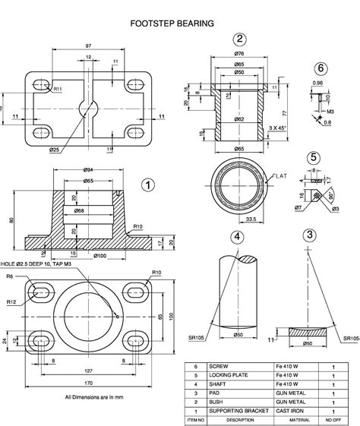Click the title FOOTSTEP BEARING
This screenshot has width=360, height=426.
pyautogui.click(x=172, y=24)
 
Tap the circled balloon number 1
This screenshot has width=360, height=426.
pyautogui.click(x=148, y=184)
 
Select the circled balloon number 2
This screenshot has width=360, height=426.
pyautogui.click(x=240, y=40)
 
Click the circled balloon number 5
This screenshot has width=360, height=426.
pyautogui.click(x=313, y=157)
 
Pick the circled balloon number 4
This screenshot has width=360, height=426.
pyautogui.click(x=237, y=236)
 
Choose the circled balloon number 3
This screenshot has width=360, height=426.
pyautogui.click(x=308, y=235)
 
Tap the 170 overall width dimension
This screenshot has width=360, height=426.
pyautogui.click(x=89, y=384)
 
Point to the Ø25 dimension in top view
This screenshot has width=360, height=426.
pyautogui.click(x=55, y=150)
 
